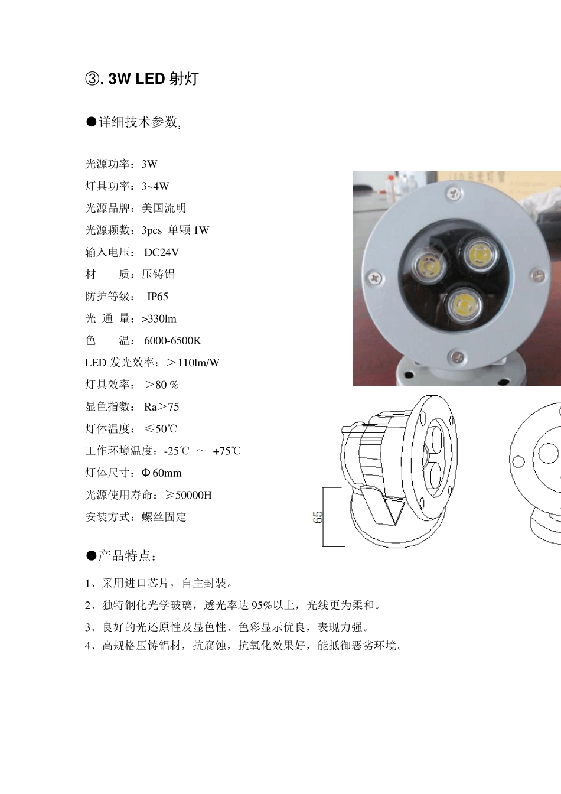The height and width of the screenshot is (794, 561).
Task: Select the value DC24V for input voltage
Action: click(x=161, y=253)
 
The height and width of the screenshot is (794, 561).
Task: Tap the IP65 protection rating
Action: click(x=158, y=297)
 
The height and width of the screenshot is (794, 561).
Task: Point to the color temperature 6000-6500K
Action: click(x=172, y=341)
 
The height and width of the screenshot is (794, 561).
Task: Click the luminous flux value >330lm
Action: click(x=159, y=319)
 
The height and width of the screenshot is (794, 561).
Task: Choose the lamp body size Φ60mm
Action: click(x=162, y=473)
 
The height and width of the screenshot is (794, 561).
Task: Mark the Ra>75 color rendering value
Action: click(x=162, y=407)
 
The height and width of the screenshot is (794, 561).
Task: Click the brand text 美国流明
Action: click(x=164, y=209)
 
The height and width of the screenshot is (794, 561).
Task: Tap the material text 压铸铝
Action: click(x=158, y=275)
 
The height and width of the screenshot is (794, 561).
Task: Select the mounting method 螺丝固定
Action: click(x=164, y=518)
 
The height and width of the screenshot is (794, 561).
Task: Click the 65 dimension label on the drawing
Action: click(x=318, y=518)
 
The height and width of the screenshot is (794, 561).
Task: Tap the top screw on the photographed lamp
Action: click(x=454, y=192)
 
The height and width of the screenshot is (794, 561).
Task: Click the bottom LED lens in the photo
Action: click(x=463, y=305)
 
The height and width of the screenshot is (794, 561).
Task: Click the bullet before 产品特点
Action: click(x=91, y=556)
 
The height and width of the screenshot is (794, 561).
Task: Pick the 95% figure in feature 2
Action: click(x=262, y=606)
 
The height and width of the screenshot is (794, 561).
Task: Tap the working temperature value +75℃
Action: click(x=227, y=451)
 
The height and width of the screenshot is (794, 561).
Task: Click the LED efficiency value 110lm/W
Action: click(x=198, y=363)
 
